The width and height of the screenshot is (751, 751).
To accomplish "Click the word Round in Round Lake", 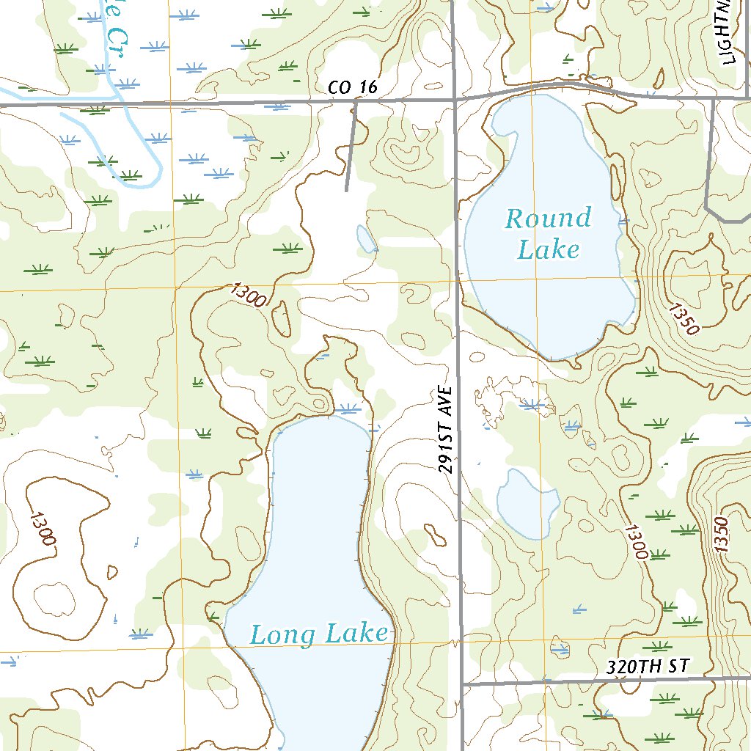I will click(x=548, y=219).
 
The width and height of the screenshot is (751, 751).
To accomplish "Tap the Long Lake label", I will click(x=319, y=634).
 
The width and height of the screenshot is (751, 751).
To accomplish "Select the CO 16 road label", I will click(x=353, y=88).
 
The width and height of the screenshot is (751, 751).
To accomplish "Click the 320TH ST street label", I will click(x=649, y=667).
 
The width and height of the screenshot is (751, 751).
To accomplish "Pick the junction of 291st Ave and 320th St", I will click(x=462, y=684).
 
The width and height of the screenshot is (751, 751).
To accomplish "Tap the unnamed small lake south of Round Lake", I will click(x=527, y=503).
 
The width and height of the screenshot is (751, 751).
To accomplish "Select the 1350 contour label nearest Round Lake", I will click(x=683, y=318).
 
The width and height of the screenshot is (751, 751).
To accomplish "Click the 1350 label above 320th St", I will click(x=722, y=535).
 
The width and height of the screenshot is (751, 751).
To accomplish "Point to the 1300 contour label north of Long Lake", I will click(x=247, y=295).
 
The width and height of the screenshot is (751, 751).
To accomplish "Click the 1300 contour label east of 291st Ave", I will click(x=636, y=541).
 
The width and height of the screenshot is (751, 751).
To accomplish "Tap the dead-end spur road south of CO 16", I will click(x=351, y=147).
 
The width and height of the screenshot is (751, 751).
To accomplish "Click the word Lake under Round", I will click(x=548, y=249).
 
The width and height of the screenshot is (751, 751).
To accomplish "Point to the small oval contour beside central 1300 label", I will click(x=281, y=320).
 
